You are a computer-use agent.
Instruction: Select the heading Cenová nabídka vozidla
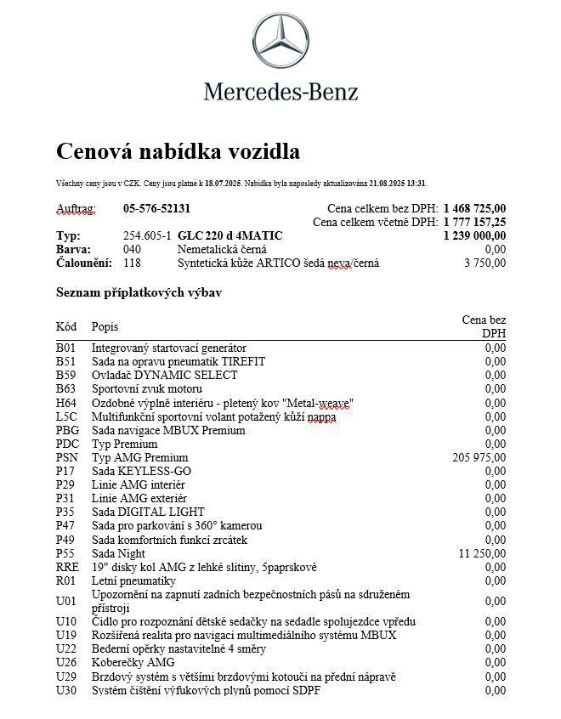click(x=178, y=151)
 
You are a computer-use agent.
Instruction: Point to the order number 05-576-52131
click(x=156, y=208)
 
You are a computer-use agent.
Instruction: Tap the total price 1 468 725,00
click(x=474, y=208)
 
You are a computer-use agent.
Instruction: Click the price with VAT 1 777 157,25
click(x=474, y=222)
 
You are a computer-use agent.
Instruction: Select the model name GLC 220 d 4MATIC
click(x=230, y=235)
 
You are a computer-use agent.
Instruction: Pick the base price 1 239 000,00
click(x=474, y=235)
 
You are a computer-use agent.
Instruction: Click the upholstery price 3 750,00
click(x=484, y=263)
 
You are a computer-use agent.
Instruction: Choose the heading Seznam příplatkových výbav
click(x=139, y=292)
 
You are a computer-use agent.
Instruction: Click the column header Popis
click(x=105, y=326)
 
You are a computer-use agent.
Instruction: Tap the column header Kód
click(x=66, y=326)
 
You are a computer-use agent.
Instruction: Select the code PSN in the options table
click(x=66, y=457)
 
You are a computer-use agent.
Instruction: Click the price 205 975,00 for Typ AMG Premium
click(x=479, y=457)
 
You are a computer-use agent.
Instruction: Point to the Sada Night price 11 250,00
click(x=482, y=553)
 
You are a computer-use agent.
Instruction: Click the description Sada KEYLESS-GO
click(x=141, y=471)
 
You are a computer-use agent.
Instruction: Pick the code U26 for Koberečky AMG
click(x=66, y=662)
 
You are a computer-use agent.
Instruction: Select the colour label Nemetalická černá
click(x=222, y=249)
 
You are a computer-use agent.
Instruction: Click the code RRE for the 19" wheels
click(x=67, y=567)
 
